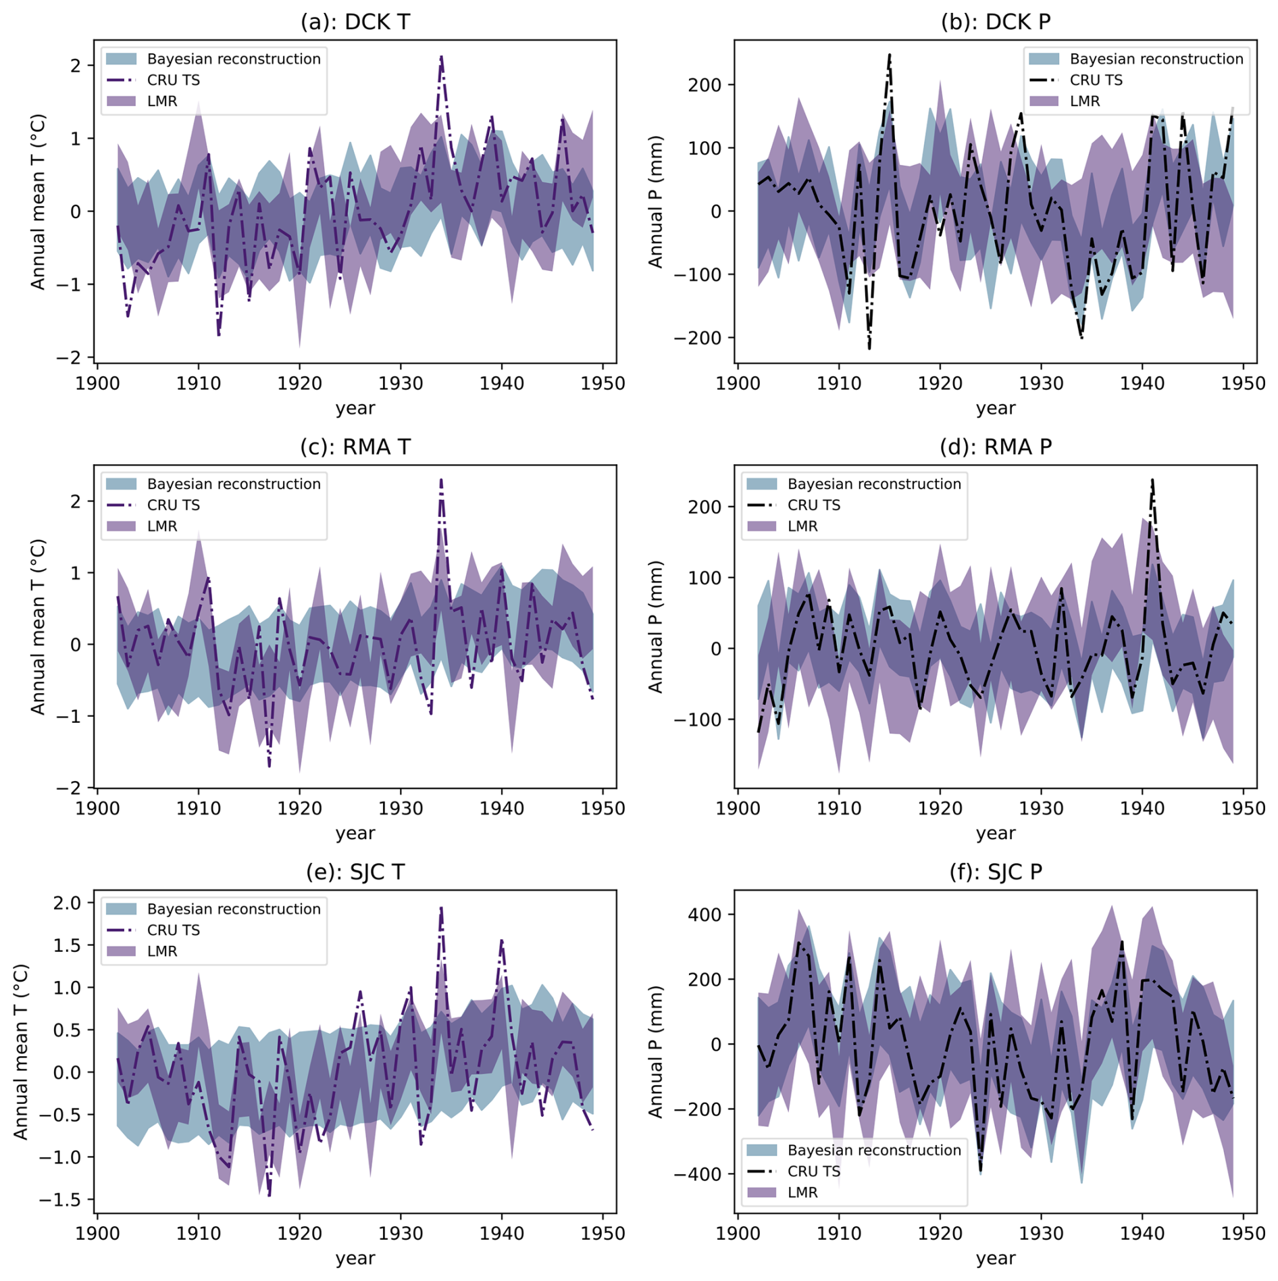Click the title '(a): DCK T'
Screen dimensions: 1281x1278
coord(355,22)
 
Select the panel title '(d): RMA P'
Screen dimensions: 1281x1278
coord(995,447)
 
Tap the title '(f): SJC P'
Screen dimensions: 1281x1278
coord(995,872)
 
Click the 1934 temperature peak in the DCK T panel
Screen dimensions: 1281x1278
coord(441,57)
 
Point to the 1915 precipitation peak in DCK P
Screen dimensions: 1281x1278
coord(890,55)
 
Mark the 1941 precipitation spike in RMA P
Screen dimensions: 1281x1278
coord(1152,480)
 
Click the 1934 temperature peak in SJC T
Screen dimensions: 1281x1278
coord(441,909)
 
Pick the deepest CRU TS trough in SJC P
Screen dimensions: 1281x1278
coord(980,1171)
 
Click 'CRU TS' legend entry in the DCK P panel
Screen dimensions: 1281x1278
coord(1096,80)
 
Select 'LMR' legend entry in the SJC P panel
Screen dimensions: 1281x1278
coord(802,1192)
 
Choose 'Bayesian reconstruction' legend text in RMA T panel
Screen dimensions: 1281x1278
coord(234,484)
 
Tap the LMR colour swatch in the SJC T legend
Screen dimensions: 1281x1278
coord(122,951)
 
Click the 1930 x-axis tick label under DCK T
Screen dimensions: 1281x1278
coord(401,384)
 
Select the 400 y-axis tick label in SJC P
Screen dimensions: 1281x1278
coord(705,914)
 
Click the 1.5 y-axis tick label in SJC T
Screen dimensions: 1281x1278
coord(66,945)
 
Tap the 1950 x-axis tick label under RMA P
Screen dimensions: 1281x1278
coord(1243,809)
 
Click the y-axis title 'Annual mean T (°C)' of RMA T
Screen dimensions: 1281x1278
coord(38,626)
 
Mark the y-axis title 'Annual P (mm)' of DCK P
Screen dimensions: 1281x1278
coord(655,201)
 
